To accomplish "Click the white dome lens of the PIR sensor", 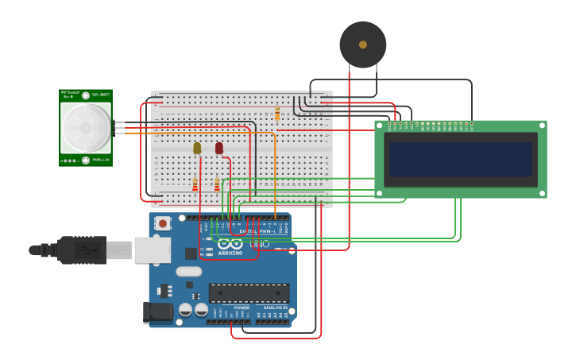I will (x=86, y=128).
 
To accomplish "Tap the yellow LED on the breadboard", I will (x=197, y=148).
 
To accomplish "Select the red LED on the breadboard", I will (x=219, y=148).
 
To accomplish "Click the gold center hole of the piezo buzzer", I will (x=363, y=45).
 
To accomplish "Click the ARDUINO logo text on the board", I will (x=230, y=253).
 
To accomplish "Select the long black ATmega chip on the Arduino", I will (x=249, y=292).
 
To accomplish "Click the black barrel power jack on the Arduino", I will (x=157, y=312).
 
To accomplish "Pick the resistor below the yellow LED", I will (x=195, y=184).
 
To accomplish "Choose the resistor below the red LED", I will (x=217, y=184).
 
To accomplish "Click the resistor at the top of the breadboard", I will (x=277, y=114).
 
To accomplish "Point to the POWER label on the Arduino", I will (x=242, y=308).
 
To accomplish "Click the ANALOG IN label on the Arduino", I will (x=274, y=308).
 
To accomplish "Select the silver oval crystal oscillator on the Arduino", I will (x=189, y=271).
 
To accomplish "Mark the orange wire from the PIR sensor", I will (x=199, y=133).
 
